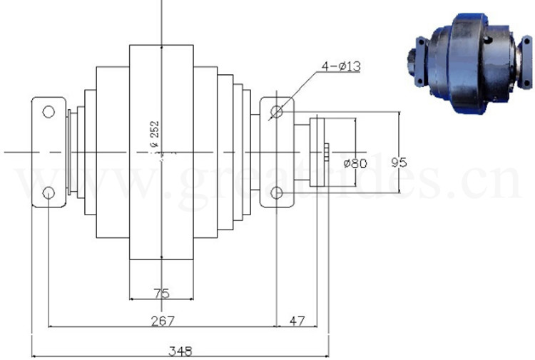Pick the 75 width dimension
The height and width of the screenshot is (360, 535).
click(161, 292)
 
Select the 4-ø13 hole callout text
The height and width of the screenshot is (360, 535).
click(341, 66)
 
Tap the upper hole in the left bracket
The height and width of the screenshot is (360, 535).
click(48, 111)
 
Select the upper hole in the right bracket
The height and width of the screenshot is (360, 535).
click(277, 111)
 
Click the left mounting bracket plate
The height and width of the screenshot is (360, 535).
click(48, 152)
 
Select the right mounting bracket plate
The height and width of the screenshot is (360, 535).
click(277, 152)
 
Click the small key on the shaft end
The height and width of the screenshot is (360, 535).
click(327, 152)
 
